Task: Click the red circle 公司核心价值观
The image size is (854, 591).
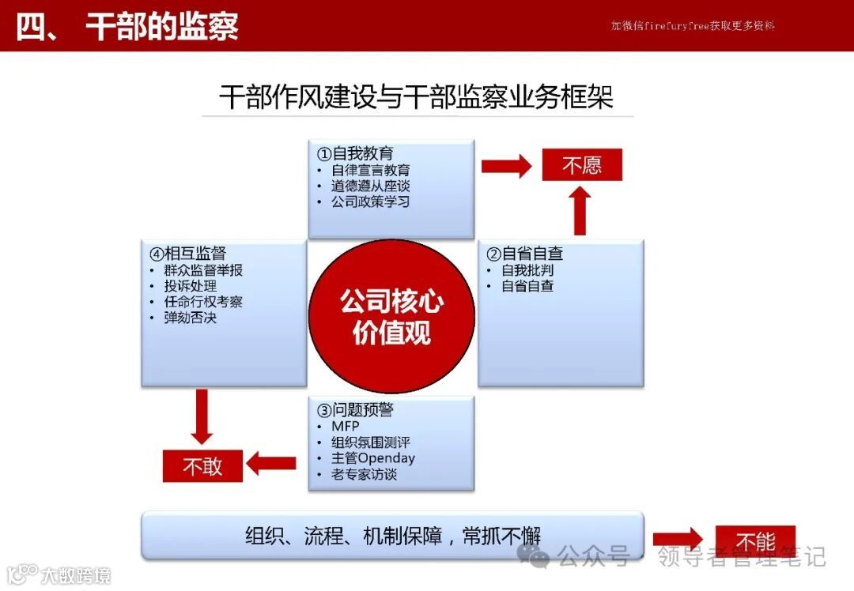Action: (x=391, y=316)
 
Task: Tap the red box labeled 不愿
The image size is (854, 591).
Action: (x=582, y=165)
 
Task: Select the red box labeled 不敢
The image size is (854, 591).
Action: (x=202, y=466)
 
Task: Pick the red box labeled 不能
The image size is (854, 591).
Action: (x=755, y=541)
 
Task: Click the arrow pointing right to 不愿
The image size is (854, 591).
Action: (x=506, y=166)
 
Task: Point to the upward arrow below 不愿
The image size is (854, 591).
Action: (x=580, y=211)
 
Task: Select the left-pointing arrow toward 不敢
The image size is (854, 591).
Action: (x=271, y=464)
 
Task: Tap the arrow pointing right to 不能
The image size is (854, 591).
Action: (x=678, y=539)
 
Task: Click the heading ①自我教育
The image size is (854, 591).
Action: (x=355, y=153)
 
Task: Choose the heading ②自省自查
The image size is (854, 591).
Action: (x=524, y=254)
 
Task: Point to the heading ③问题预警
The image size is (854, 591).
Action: (x=355, y=410)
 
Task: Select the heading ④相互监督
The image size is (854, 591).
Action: (x=187, y=254)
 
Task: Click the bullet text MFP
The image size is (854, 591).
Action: (x=346, y=427)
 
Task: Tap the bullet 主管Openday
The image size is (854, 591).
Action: (x=373, y=458)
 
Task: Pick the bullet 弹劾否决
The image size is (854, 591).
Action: (x=190, y=318)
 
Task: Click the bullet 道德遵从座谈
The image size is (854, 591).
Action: (x=370, y=186)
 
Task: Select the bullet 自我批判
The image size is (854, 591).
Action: (x=527, y=270)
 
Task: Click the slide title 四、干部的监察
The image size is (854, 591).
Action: (x=127, y=26)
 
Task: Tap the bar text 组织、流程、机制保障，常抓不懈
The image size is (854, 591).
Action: (x=393, y=535)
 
